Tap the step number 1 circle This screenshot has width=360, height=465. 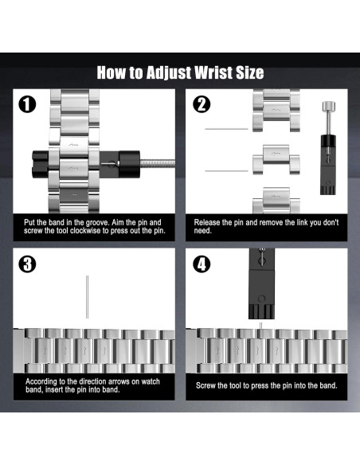(27, 104)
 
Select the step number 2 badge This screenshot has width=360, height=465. (202, 104)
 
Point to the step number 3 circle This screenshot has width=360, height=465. (27, 264)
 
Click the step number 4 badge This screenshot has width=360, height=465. (202, 264)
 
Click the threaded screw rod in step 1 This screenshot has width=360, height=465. (157, 164)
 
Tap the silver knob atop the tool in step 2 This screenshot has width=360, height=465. (329, 106)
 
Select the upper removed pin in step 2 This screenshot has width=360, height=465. (226, 129)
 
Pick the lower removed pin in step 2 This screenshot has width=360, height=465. (226, 171)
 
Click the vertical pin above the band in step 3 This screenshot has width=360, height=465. (87, 297)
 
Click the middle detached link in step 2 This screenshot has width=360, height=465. (276, 159)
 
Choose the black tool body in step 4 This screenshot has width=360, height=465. (261, 283)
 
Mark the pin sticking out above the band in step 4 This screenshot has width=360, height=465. (261, 326)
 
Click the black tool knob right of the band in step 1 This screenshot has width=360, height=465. (129, 164)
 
